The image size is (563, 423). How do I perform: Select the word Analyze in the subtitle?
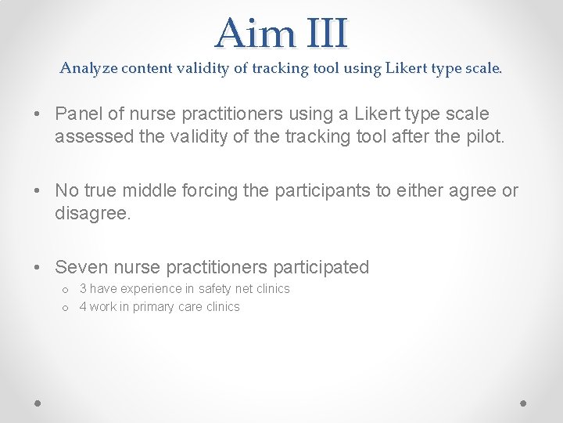click(x=88, y=68)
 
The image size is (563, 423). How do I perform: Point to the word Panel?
click(x=77, y=113)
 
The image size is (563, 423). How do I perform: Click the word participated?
click(x=314, y=267)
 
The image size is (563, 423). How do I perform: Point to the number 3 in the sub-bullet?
click(x=83, y=289)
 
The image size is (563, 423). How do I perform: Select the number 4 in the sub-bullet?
click(x=83, y=307)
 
